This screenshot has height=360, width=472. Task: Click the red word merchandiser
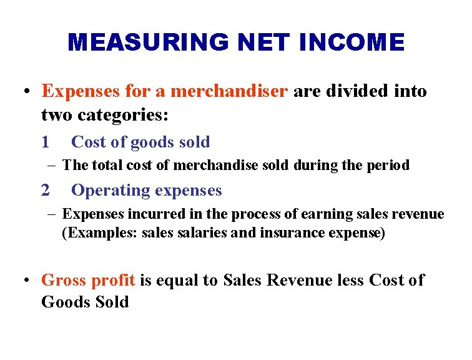point(229,91)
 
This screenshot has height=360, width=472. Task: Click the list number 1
point(45,142)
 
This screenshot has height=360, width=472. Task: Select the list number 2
point(45,190)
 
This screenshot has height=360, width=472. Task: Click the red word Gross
point(65,280)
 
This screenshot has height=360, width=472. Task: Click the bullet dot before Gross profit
point(26,280)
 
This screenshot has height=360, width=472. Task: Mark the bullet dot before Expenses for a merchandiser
point(26,91)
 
